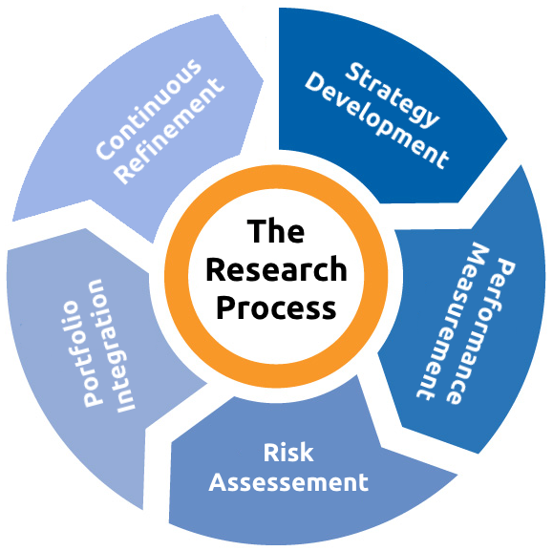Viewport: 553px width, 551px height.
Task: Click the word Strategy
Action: (x=393, y=95)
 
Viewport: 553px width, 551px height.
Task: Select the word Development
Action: (x=376, y=121)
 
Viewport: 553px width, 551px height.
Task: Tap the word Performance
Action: (x=481, y=331)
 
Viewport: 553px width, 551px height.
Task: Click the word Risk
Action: (x=288, y=453)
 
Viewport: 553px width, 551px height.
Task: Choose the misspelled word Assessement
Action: (x=288, y=482)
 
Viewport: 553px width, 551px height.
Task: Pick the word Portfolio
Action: (x=80, y=353)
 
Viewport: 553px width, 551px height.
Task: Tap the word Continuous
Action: (x=148, y=109)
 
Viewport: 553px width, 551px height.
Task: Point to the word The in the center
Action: (x=276, y=231)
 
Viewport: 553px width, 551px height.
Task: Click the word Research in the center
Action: (x=277, y=269)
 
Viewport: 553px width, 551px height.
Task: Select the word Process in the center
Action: (x=276, y=307)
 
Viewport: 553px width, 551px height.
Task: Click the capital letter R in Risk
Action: (x=270, y=453)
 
